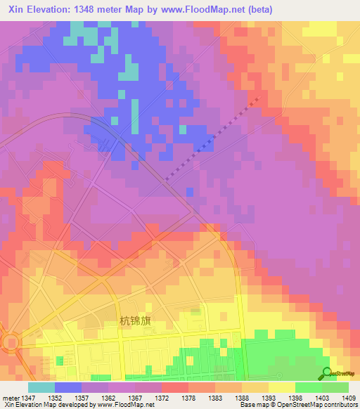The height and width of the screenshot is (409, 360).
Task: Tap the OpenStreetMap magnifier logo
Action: pyautogui.click(x=326, y=373)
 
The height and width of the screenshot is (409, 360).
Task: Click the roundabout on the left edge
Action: pyautogui.click(x=10, y=344)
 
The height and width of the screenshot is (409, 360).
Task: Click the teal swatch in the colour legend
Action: pyautogui.click(x=41, y=387)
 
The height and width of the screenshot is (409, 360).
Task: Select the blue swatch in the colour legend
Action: pyautogui.click(x=68, y=387)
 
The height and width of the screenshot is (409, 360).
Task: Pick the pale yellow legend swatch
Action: pyautogui.click(x=282, y=387)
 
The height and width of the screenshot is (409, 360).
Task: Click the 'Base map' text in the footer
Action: pyautogui.click(x=253, y=405)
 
